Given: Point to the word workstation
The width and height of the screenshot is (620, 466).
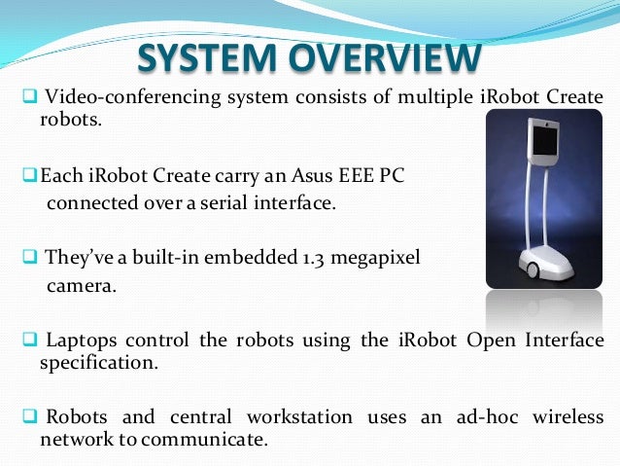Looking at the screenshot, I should pos(301,417).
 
